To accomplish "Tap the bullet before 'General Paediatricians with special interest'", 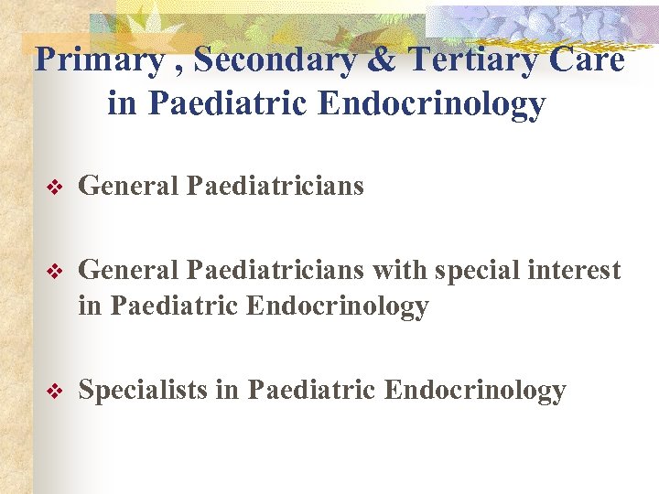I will point(52,271).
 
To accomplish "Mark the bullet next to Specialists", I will point(52,392).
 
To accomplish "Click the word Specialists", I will point(143,391).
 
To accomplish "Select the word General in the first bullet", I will point(128,187).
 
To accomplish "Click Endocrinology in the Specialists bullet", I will point(475,391).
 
